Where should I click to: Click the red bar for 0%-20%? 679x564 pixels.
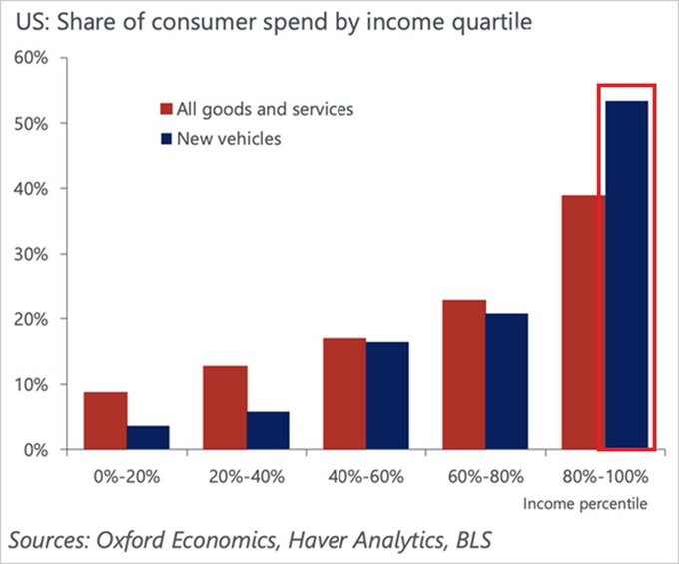pos(105,421)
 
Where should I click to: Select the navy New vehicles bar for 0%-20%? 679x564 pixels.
pos(148,438)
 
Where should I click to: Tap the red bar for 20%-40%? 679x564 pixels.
pos(225,408)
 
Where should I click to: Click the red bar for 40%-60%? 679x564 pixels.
pos(344,394)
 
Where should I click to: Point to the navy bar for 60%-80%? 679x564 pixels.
pos(507,382)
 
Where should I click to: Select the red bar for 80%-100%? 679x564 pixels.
pos(584,322)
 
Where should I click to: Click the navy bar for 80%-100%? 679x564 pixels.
pos(627,276)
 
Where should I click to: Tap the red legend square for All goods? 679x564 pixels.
pos(168,108)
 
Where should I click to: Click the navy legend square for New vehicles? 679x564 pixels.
pos(168,138)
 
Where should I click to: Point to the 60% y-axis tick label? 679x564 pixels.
pos(30,58)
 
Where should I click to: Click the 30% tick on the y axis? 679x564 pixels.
pos(30,254)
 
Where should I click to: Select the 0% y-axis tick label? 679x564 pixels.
pos(34,450)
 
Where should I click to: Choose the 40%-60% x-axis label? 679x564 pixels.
pos(366,476)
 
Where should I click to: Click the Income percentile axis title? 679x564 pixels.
pos(585,504)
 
